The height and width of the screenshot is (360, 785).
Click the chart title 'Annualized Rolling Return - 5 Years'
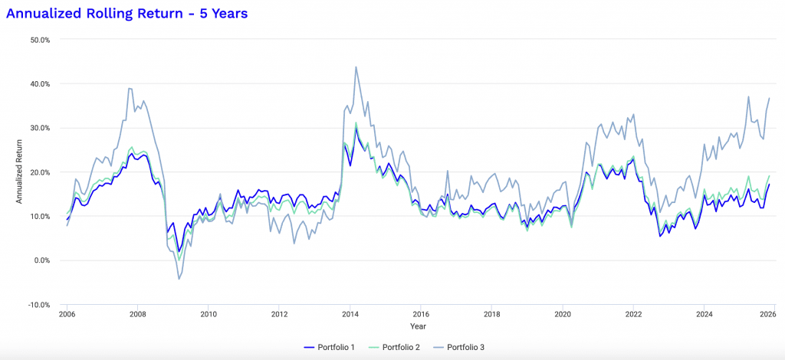(x=126, y=13)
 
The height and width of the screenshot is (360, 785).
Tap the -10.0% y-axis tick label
(x=38, y=305)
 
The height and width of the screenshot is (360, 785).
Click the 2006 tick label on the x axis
(x=67, y=314)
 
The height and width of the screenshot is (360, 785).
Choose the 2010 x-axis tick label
(x=208, y=314)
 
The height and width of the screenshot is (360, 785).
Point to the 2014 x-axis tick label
(x=350, y=314)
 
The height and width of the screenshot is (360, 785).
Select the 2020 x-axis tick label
(x=563, y=314)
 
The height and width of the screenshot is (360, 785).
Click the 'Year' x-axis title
(x=419, y=326)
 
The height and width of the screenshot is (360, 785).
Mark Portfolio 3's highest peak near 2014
(x=356, y=67)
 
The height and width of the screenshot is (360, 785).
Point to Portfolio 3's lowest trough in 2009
(x=179, y=279)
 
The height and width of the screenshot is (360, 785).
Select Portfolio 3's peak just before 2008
(x=130, y=88)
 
